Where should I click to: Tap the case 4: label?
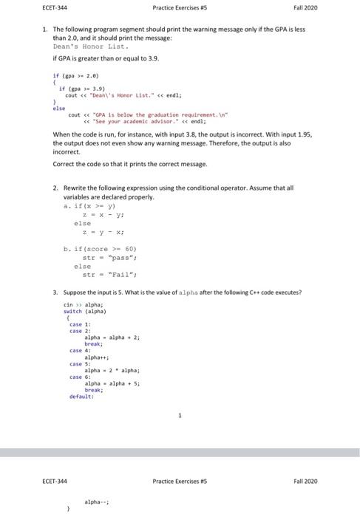[x=78, y=350]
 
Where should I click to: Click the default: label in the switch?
[x=80, y=397]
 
